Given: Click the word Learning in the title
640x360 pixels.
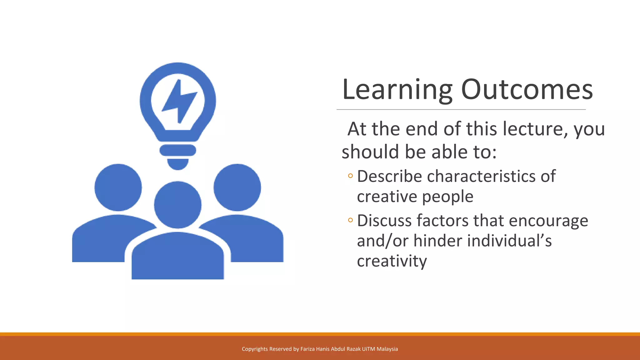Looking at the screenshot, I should point(397,90).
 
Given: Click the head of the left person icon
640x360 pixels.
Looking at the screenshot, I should point(118,187).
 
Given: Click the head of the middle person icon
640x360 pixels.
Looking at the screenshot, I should point(177,205).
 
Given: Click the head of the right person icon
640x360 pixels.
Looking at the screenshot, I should point(237,187).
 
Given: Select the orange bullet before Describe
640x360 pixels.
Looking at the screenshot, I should point(350,176).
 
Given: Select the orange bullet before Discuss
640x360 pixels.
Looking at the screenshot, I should point(350,220).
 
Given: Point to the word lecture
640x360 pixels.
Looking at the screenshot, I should point(535,129).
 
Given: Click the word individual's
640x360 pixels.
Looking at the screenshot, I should point(509,241).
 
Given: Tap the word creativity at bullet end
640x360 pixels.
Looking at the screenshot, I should point(392,261).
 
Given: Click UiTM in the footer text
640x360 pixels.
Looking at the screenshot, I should point(368,349).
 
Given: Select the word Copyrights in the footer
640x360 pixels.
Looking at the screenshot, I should point(255,349).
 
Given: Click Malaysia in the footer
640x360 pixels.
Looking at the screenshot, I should point(387,349).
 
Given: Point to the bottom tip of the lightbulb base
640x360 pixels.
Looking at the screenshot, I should point(177,169).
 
